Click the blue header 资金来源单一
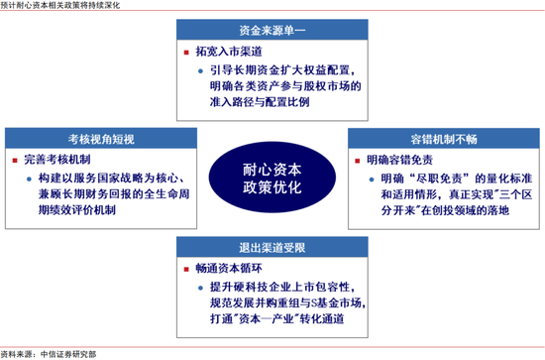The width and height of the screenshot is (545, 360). (x=272, y=30)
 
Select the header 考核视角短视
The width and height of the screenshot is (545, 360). (x=101, y=139)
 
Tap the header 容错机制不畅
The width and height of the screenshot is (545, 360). (x=444, y=139)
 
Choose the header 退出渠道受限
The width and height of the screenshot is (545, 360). (x=272, y=247)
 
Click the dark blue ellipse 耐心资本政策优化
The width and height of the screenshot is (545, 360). (x=272, y=178)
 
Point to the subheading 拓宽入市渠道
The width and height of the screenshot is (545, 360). (x=229, y=52)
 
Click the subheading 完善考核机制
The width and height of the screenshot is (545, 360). (x=57, y=160)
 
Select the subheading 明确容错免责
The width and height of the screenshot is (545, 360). (x=400, y=160)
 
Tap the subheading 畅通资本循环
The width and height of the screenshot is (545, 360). (x=229, y=268)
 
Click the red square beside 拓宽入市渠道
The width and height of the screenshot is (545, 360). (x=186, y=53)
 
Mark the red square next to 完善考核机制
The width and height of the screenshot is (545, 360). (x=15, y=161)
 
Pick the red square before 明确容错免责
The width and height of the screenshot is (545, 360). (x=358, y=161)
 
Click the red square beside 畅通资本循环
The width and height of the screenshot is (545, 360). (x=186, y=269)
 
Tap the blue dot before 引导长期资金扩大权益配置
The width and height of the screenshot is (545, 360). (x=200, y=71)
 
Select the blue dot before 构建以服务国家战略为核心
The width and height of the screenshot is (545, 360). (x=29, y=180)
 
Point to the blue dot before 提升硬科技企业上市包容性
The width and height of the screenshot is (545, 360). (x=200, y=288)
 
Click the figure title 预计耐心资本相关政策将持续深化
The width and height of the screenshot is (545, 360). (x=60, y=5)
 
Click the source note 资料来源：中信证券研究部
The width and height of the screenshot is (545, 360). (x=49, y=354)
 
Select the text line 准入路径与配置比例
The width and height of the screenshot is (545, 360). (x=260, y=102)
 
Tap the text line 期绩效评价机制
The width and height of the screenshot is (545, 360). (x=77, y=210)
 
